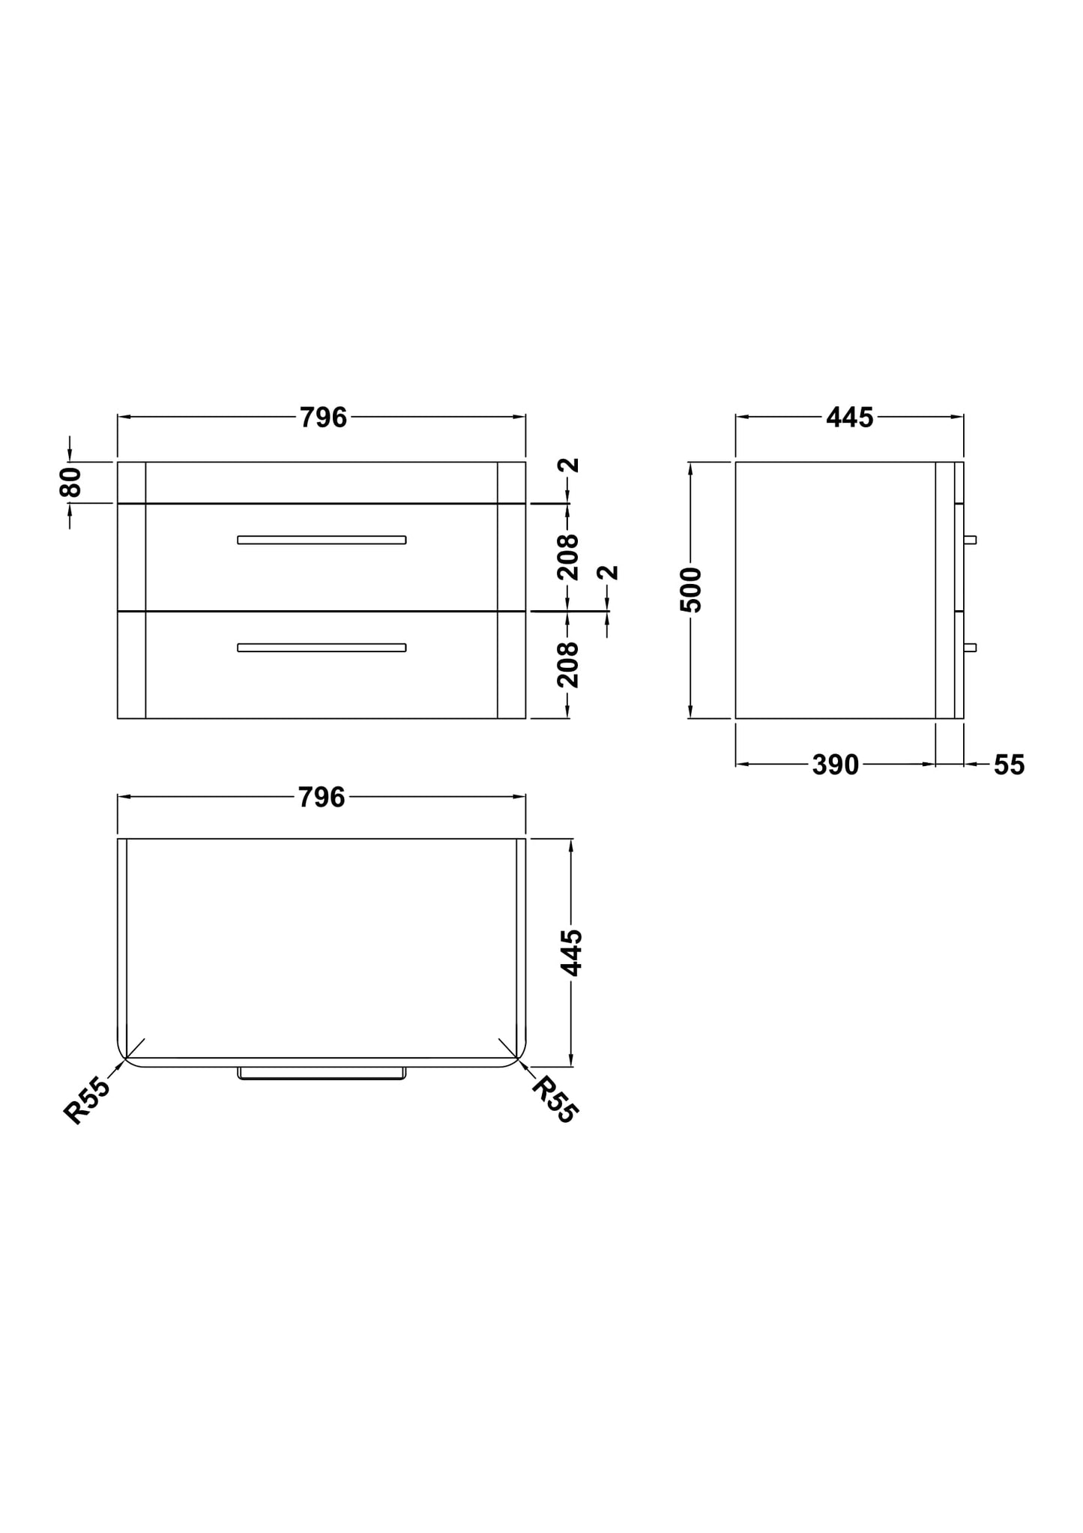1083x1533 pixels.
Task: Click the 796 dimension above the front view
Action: click(x=323, y=418)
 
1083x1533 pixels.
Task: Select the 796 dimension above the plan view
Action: click(x=322, y=797)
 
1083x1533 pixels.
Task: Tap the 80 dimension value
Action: click(x=70, y=482)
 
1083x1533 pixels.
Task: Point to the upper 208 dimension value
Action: click(x=569, y=556)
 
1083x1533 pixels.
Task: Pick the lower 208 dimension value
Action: click(x=569, y=664)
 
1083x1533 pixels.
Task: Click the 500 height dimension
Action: click(x=691, y=590)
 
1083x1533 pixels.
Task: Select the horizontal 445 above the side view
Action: click(x=850, y=418)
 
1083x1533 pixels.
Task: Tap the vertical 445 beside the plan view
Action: click(x=572, y=953)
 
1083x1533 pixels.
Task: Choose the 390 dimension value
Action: click(x=836, y=765)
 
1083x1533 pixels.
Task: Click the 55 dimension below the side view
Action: click(x=1009, y=765)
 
